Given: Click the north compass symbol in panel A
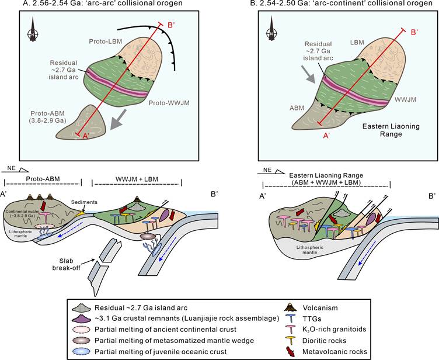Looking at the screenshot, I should click(33, 30).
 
